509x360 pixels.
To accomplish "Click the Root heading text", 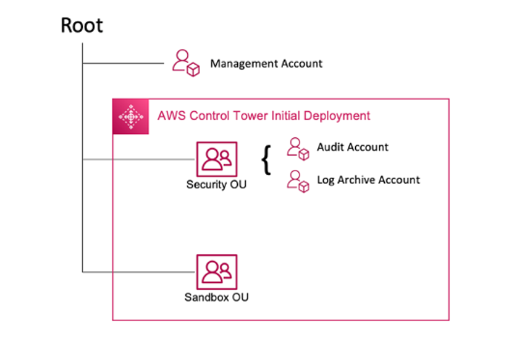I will coord(82,26).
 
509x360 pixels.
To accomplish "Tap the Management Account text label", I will coord(266,64).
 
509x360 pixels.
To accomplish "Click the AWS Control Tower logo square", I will coord(130,116).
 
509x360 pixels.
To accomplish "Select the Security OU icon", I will coord(217,159).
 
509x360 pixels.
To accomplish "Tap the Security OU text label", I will coord(216,185).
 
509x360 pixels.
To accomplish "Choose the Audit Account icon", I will coord(298,148).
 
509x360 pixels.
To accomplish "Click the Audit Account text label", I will coord(353,147).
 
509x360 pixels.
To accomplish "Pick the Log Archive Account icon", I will coord(298,181).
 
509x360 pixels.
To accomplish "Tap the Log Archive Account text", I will coord(368,180).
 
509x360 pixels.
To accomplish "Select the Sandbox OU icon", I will coord(217,271).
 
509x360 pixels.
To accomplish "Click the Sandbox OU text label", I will coord(217,298).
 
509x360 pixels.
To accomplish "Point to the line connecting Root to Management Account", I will coord(124,63).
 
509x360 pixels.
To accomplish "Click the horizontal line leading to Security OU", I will coord(139,159).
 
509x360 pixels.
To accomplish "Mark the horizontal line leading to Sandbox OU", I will coord(139,272).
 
